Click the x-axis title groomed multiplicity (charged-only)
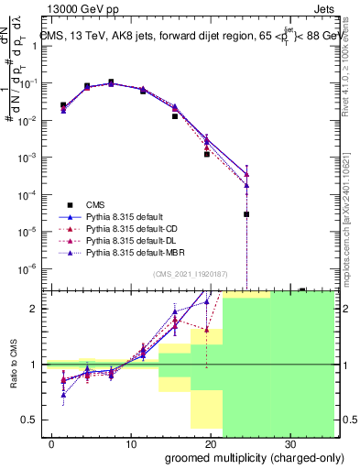(249, 456)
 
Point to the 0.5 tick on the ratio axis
(31, 420)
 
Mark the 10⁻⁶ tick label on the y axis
(27, 268)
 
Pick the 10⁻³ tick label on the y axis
(27, 158)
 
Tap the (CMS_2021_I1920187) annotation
(191, 274)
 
